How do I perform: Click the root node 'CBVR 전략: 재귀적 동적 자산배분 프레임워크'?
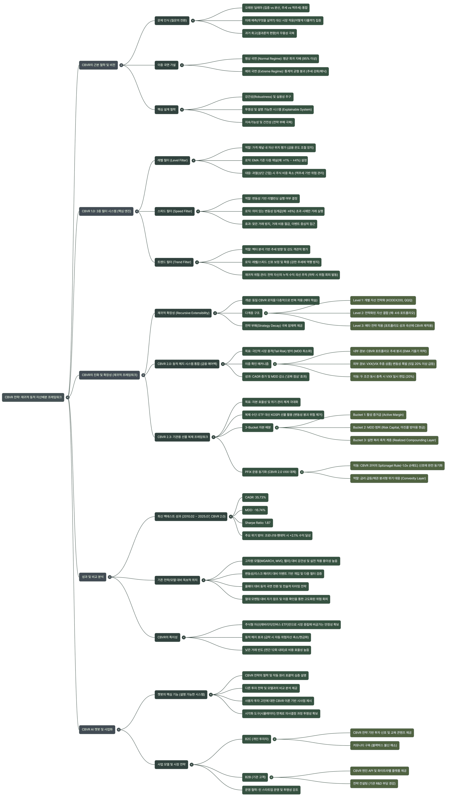[x=33, y=397]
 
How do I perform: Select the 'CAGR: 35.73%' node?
[x=255, y=497]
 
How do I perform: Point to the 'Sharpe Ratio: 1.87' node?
[x=257, y=523]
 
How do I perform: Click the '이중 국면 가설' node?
[x=166, y=65]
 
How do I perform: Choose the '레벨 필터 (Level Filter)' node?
[x=172, y=160]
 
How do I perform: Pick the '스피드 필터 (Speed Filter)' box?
[x=174, y=211]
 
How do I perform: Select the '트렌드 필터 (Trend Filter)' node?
[x=174, y=262]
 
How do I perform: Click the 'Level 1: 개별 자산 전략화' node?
[x=382, y=300]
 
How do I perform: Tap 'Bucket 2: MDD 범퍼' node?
[x=389, y=427]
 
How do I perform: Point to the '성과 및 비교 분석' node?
[x=92, y=577]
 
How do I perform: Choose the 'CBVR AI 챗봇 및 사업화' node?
[x=97, y=729]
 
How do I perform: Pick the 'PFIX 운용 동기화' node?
[x=270, y=472]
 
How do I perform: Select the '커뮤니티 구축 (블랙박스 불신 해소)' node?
[x=375, y=745]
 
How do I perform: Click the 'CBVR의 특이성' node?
[x=167, y=637]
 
